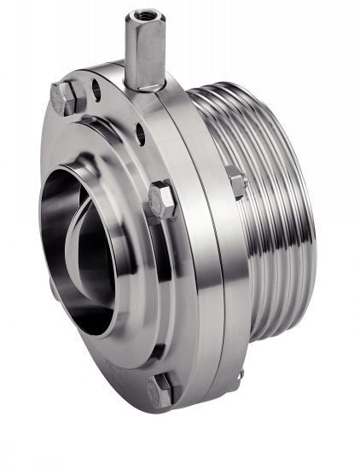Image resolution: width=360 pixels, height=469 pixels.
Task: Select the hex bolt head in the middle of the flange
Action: [x=161, y=200]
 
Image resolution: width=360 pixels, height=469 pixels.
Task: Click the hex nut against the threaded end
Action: [x=235, y=182]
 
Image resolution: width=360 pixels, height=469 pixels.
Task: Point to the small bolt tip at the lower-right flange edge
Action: [x=240, y=375]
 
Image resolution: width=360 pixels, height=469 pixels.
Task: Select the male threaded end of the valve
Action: [x=273, y=205]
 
